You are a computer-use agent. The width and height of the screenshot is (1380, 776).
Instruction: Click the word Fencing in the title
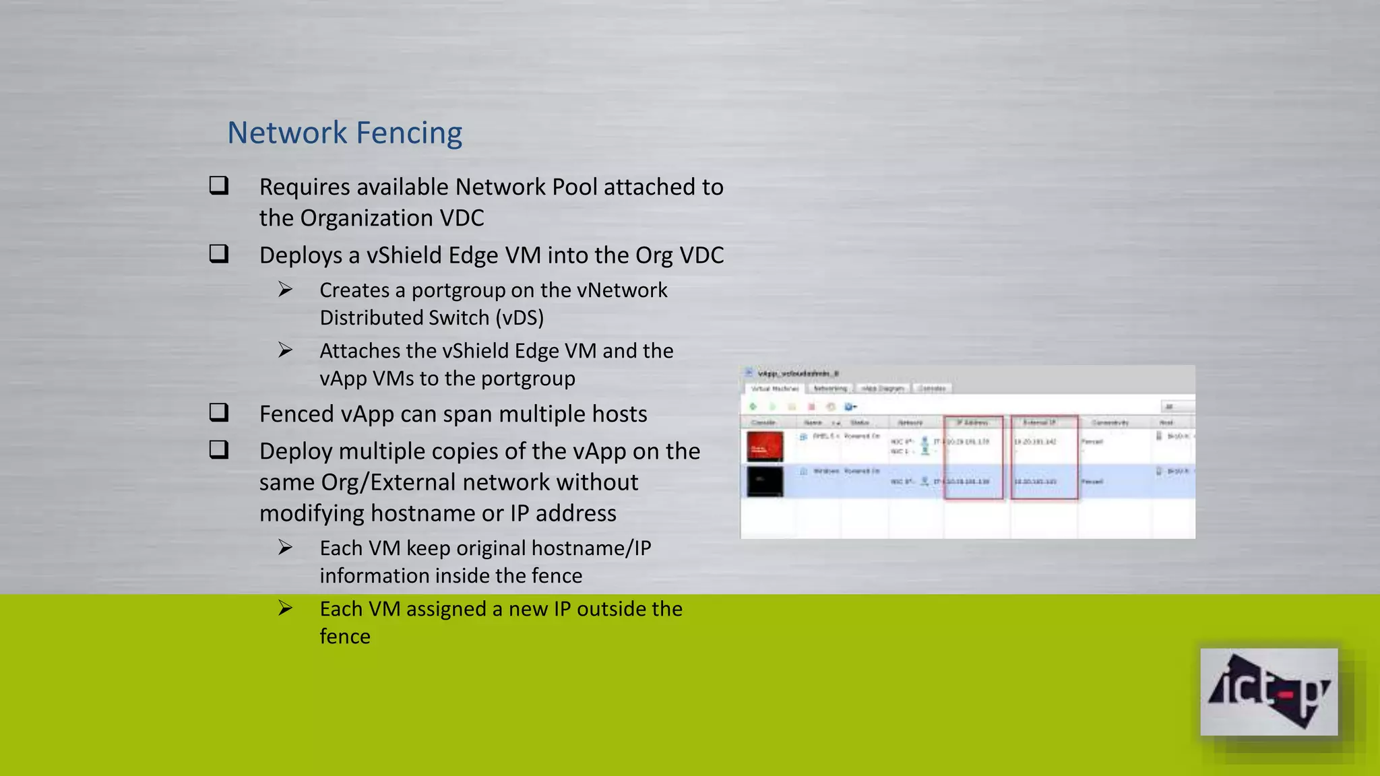click(408, 133)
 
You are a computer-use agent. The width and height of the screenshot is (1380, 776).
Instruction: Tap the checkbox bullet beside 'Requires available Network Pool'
click(219, 185)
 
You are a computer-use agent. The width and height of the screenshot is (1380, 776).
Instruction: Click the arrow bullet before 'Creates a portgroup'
click(286, 290)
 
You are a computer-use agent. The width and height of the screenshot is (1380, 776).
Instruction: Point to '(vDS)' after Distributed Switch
click(520, 318)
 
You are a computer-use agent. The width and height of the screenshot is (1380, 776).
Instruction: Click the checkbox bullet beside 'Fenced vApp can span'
click(219, 412)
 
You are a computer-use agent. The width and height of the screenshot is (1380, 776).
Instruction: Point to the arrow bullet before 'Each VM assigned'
click(286, 608)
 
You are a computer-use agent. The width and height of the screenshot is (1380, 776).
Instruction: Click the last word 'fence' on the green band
click(345, 637)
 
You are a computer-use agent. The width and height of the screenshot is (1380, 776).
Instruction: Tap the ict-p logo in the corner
click(1269, 692)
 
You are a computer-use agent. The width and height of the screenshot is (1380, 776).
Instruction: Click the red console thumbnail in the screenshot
click(765, 446)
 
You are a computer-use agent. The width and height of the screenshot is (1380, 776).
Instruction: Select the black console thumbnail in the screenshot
click(765, 481)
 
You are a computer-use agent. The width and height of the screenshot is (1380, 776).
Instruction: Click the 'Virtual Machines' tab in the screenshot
click(774, 389)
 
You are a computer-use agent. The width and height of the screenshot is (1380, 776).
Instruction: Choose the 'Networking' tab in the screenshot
click(830, 389)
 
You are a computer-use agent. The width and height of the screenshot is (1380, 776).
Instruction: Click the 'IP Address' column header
click(973, 422)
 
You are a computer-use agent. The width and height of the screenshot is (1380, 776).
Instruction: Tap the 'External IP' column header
click(1039, 422)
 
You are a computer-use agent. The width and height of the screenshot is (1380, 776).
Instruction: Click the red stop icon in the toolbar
click(811, 407)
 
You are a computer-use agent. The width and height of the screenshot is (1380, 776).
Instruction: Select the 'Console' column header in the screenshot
click(763, 422)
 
